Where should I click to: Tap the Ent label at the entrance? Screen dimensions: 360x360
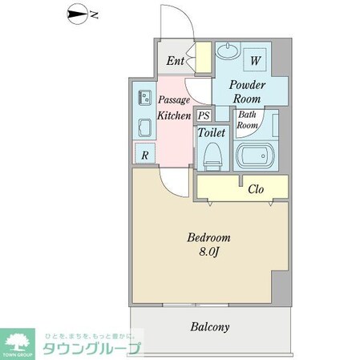[x=176, y=61]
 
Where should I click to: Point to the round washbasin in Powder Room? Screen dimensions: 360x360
[x=224, y=51]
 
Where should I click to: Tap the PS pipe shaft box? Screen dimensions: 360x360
[x=204, y=115]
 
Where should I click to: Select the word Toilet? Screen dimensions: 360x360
[x=212, y=131]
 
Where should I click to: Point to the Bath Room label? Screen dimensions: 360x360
[x=246, y=119]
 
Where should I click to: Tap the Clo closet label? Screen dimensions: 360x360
[x=257, y=190]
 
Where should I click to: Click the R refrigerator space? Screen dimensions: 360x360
[x=144, y=156]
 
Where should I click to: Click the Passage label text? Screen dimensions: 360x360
[x=173, y=100]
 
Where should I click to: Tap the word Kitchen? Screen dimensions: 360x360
[x=173, y=115]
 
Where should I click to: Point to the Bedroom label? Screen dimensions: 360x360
[x=208, y=238]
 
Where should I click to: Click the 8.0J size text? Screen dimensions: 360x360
[x=209, y=253]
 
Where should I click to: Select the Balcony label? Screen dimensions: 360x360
[x=210, y=327]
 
